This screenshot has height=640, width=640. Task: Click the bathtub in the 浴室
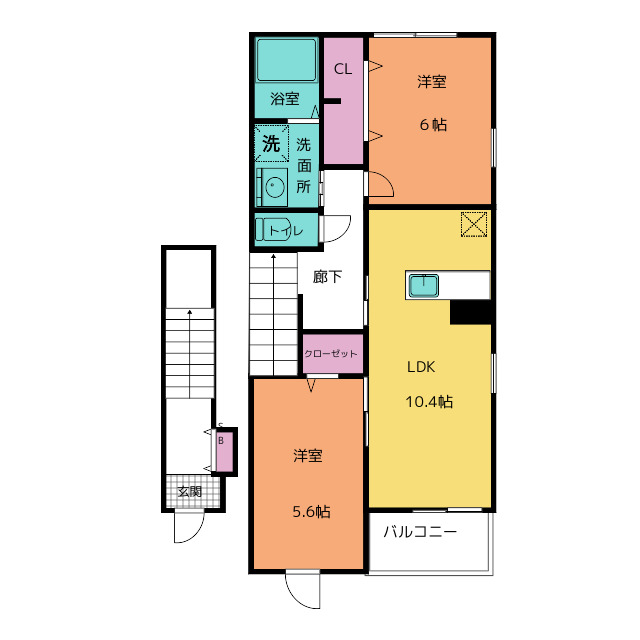[x=287, y=60]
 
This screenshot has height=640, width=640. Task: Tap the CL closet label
[x=342, y=69]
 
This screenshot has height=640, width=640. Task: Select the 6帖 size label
[x=433, y=124]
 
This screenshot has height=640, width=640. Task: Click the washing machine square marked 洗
[x=272, y=143]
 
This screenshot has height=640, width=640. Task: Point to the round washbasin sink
[x=274, y=187]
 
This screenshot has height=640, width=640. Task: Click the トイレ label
[x=286, y=231]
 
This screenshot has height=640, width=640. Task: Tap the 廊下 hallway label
[x=327, y=277]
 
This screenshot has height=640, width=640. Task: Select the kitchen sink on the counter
[x=424, y=285]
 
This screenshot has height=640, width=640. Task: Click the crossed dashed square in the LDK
[x=474, y=224]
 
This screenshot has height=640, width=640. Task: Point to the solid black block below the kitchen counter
[x=470, y=312]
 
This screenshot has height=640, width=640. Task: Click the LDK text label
[x=421, y=367]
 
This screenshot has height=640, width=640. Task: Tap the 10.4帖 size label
[x=429, y=402]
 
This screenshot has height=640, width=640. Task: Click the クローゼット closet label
[x=331, y=353]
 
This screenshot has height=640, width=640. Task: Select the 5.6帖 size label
[x=311, y=511]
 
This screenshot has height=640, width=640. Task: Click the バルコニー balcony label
[x=420, y=532]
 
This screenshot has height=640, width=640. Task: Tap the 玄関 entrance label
[x=190, y=491]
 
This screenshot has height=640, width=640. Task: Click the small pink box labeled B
[x=224, y=451]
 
